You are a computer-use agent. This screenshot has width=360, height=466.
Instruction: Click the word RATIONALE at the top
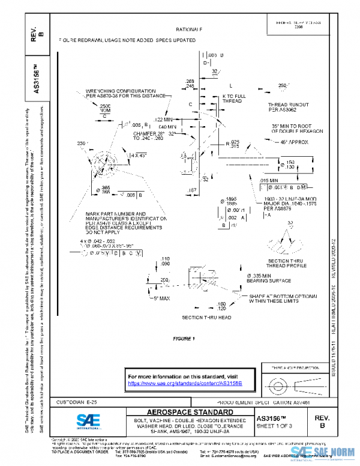189,29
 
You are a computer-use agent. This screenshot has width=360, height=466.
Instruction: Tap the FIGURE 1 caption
184,339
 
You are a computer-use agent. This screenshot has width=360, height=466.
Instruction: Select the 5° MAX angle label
162,298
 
